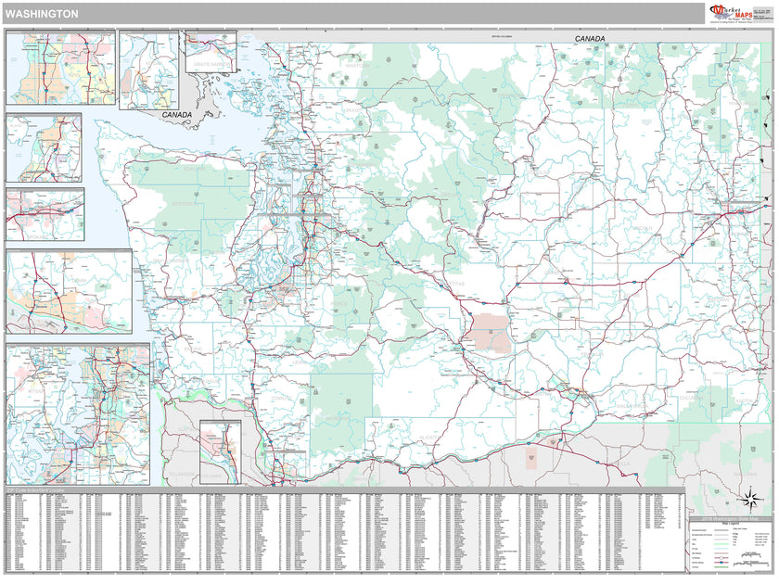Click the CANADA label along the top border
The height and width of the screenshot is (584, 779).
tap(590, 39)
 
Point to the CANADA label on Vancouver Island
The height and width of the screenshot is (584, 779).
tap(176, 115)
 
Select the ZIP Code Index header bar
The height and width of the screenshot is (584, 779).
tap(56, 490)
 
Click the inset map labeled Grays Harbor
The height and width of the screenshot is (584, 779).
tap(211, 51)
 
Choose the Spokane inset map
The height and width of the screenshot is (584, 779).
tap(45, 215)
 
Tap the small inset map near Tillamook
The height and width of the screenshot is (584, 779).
tap(220, 451)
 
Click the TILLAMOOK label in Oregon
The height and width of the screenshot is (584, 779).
tap(183, 475)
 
